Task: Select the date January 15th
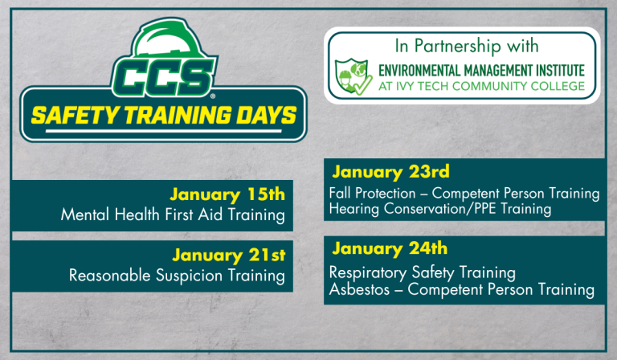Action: tap(227, 194)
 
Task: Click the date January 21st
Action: tap(228, 256)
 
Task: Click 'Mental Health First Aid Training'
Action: tap(173, 215)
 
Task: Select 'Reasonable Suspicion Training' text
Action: tap(177, 276)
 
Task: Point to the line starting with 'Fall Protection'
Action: tap(464, 194)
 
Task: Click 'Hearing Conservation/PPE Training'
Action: tap(439, 209)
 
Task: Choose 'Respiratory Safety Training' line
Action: tap(422, 272)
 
